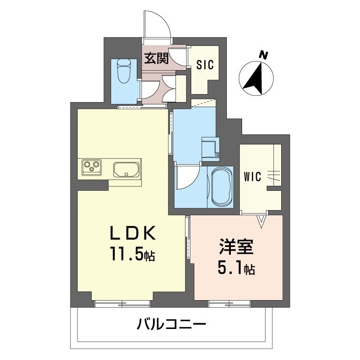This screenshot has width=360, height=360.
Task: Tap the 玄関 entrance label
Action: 156,58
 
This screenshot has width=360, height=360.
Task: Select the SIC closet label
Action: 205,64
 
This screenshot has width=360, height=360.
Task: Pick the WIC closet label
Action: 253,177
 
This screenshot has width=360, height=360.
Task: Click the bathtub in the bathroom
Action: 220,187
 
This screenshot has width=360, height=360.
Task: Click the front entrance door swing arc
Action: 157,23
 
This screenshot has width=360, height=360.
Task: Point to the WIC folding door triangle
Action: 261,220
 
